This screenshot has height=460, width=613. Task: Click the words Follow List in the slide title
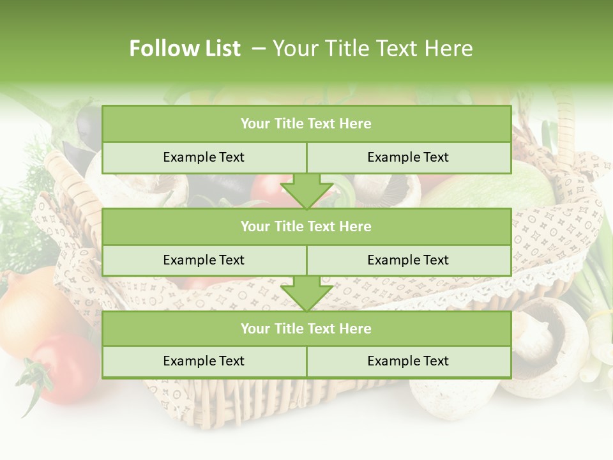point(185,49)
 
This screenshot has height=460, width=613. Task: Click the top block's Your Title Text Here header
point(306,124)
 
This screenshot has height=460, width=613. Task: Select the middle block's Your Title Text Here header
point(306,226)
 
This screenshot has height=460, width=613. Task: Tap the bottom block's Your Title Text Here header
point(306,328)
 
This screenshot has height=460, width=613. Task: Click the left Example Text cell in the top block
point(204,157)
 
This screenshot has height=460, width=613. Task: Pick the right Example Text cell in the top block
point(408,157)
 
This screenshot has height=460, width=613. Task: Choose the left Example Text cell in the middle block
point(204,260)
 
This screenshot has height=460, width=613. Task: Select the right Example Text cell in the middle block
point(408,260)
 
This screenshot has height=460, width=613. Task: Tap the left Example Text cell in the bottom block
point(204,361)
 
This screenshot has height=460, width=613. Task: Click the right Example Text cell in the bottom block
point(408,361)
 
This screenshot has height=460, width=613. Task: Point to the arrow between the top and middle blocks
point(306,192)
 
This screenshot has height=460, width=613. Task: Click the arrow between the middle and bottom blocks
point(306,294)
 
